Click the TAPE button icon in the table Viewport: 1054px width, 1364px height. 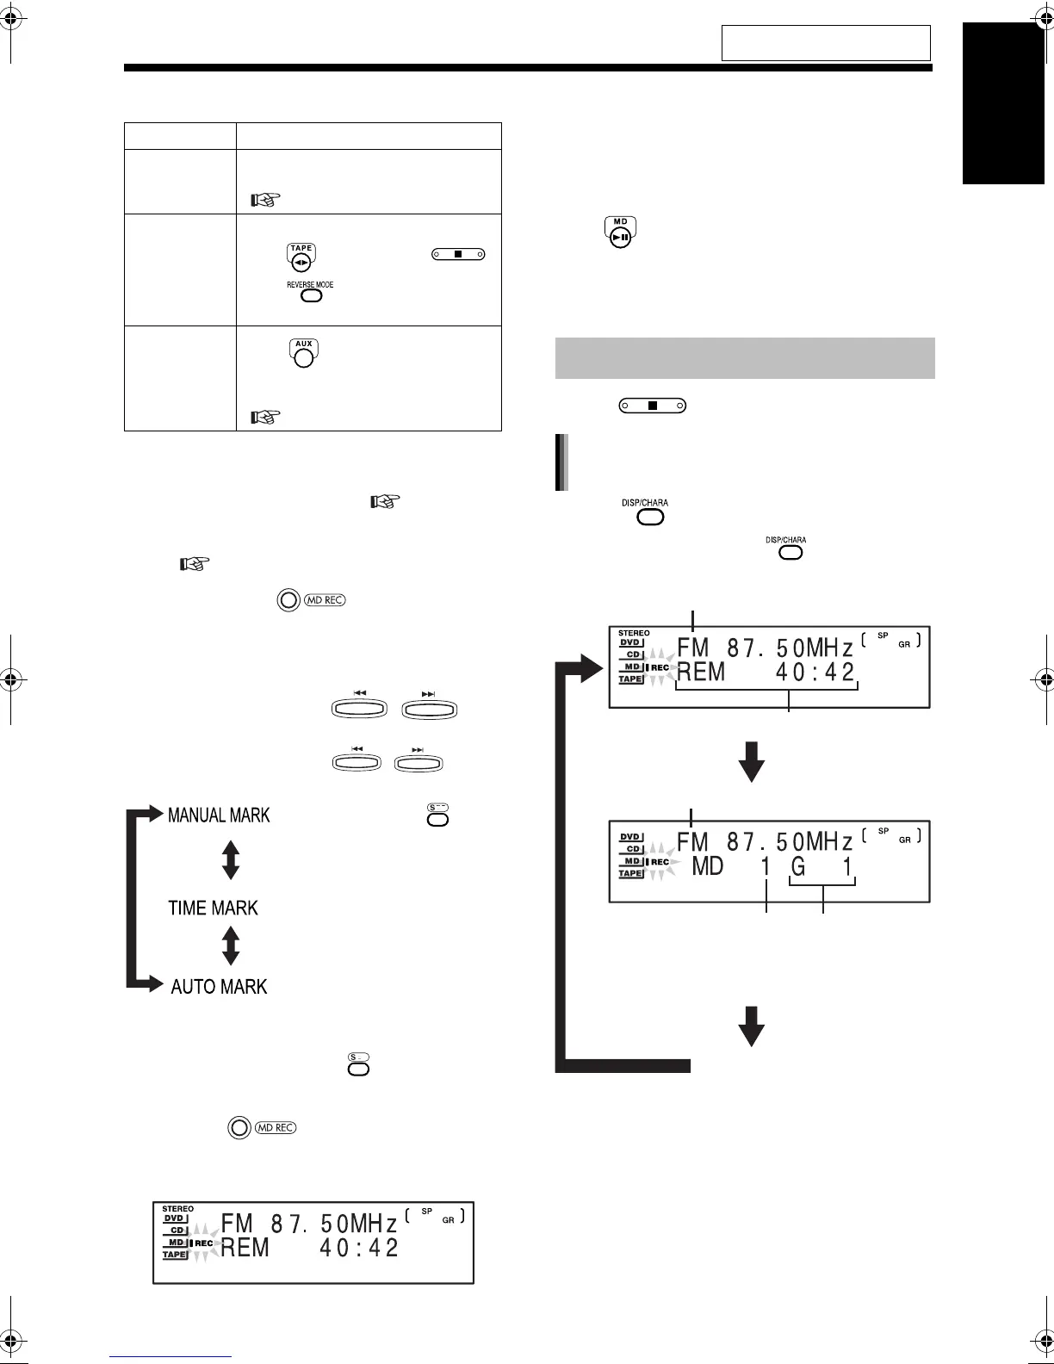[x=301, y=257]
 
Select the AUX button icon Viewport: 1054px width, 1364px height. [x=303, y=354]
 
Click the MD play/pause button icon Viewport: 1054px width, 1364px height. [x=620, y=233]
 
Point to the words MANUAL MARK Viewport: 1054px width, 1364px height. [x=219, y=815]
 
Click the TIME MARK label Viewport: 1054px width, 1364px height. [x=213, y=908]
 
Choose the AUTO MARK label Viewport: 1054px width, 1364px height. [x=219, y=986]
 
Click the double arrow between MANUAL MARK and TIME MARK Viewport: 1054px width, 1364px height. [x=230, y=859]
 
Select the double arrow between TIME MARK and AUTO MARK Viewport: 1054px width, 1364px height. [x=230, y=945]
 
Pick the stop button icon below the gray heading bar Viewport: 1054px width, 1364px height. [x=652, y=405]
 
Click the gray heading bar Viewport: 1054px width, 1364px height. [x=745, y=357]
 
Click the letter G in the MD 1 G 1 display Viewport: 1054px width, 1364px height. [x=798, y=865]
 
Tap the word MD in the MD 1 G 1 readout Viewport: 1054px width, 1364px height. [x=708, y=865]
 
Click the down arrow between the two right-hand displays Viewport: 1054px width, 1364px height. [x=752, y=761]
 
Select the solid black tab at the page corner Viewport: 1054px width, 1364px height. [x=1003, y=103]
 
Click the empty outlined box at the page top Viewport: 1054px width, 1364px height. [x=826, y=42]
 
